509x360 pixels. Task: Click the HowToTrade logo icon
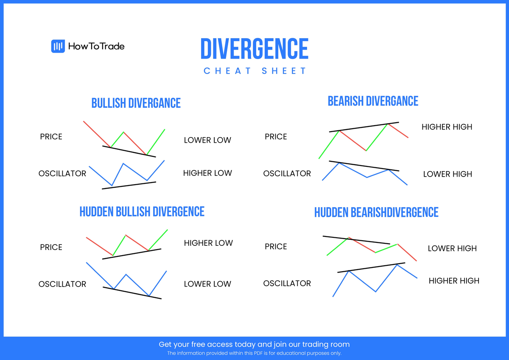pos(58,46)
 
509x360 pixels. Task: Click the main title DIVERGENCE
pos(255,49)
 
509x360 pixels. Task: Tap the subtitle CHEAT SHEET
pos(255,71)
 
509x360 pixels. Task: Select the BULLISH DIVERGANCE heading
pos(136,103)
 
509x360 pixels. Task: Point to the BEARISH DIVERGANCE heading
pos(373,101)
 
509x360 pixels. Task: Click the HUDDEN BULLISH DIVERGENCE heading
pos(142,211)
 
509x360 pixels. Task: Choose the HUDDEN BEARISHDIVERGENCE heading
pos(376,212)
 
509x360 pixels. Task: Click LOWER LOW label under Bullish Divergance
pos(207,140)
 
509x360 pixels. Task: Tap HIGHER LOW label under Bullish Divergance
pos(207,173)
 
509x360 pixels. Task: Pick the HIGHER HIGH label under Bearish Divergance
pos(447,127)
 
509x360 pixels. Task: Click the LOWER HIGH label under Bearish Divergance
pos(447,174)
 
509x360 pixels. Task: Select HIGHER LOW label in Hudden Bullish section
pos(208,243)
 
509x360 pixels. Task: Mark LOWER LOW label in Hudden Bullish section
pos(207,284)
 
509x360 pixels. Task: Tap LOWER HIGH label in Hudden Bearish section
pos(452,248)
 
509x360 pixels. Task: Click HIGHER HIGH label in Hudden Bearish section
pos(454,281)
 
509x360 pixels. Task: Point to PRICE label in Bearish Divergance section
pos(276,137)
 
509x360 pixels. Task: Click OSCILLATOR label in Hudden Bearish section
pos(287,284)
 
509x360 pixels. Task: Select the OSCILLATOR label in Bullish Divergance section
pos(62,174)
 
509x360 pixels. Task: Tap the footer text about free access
pos(255,344)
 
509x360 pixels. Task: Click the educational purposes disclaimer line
pos(255,353)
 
